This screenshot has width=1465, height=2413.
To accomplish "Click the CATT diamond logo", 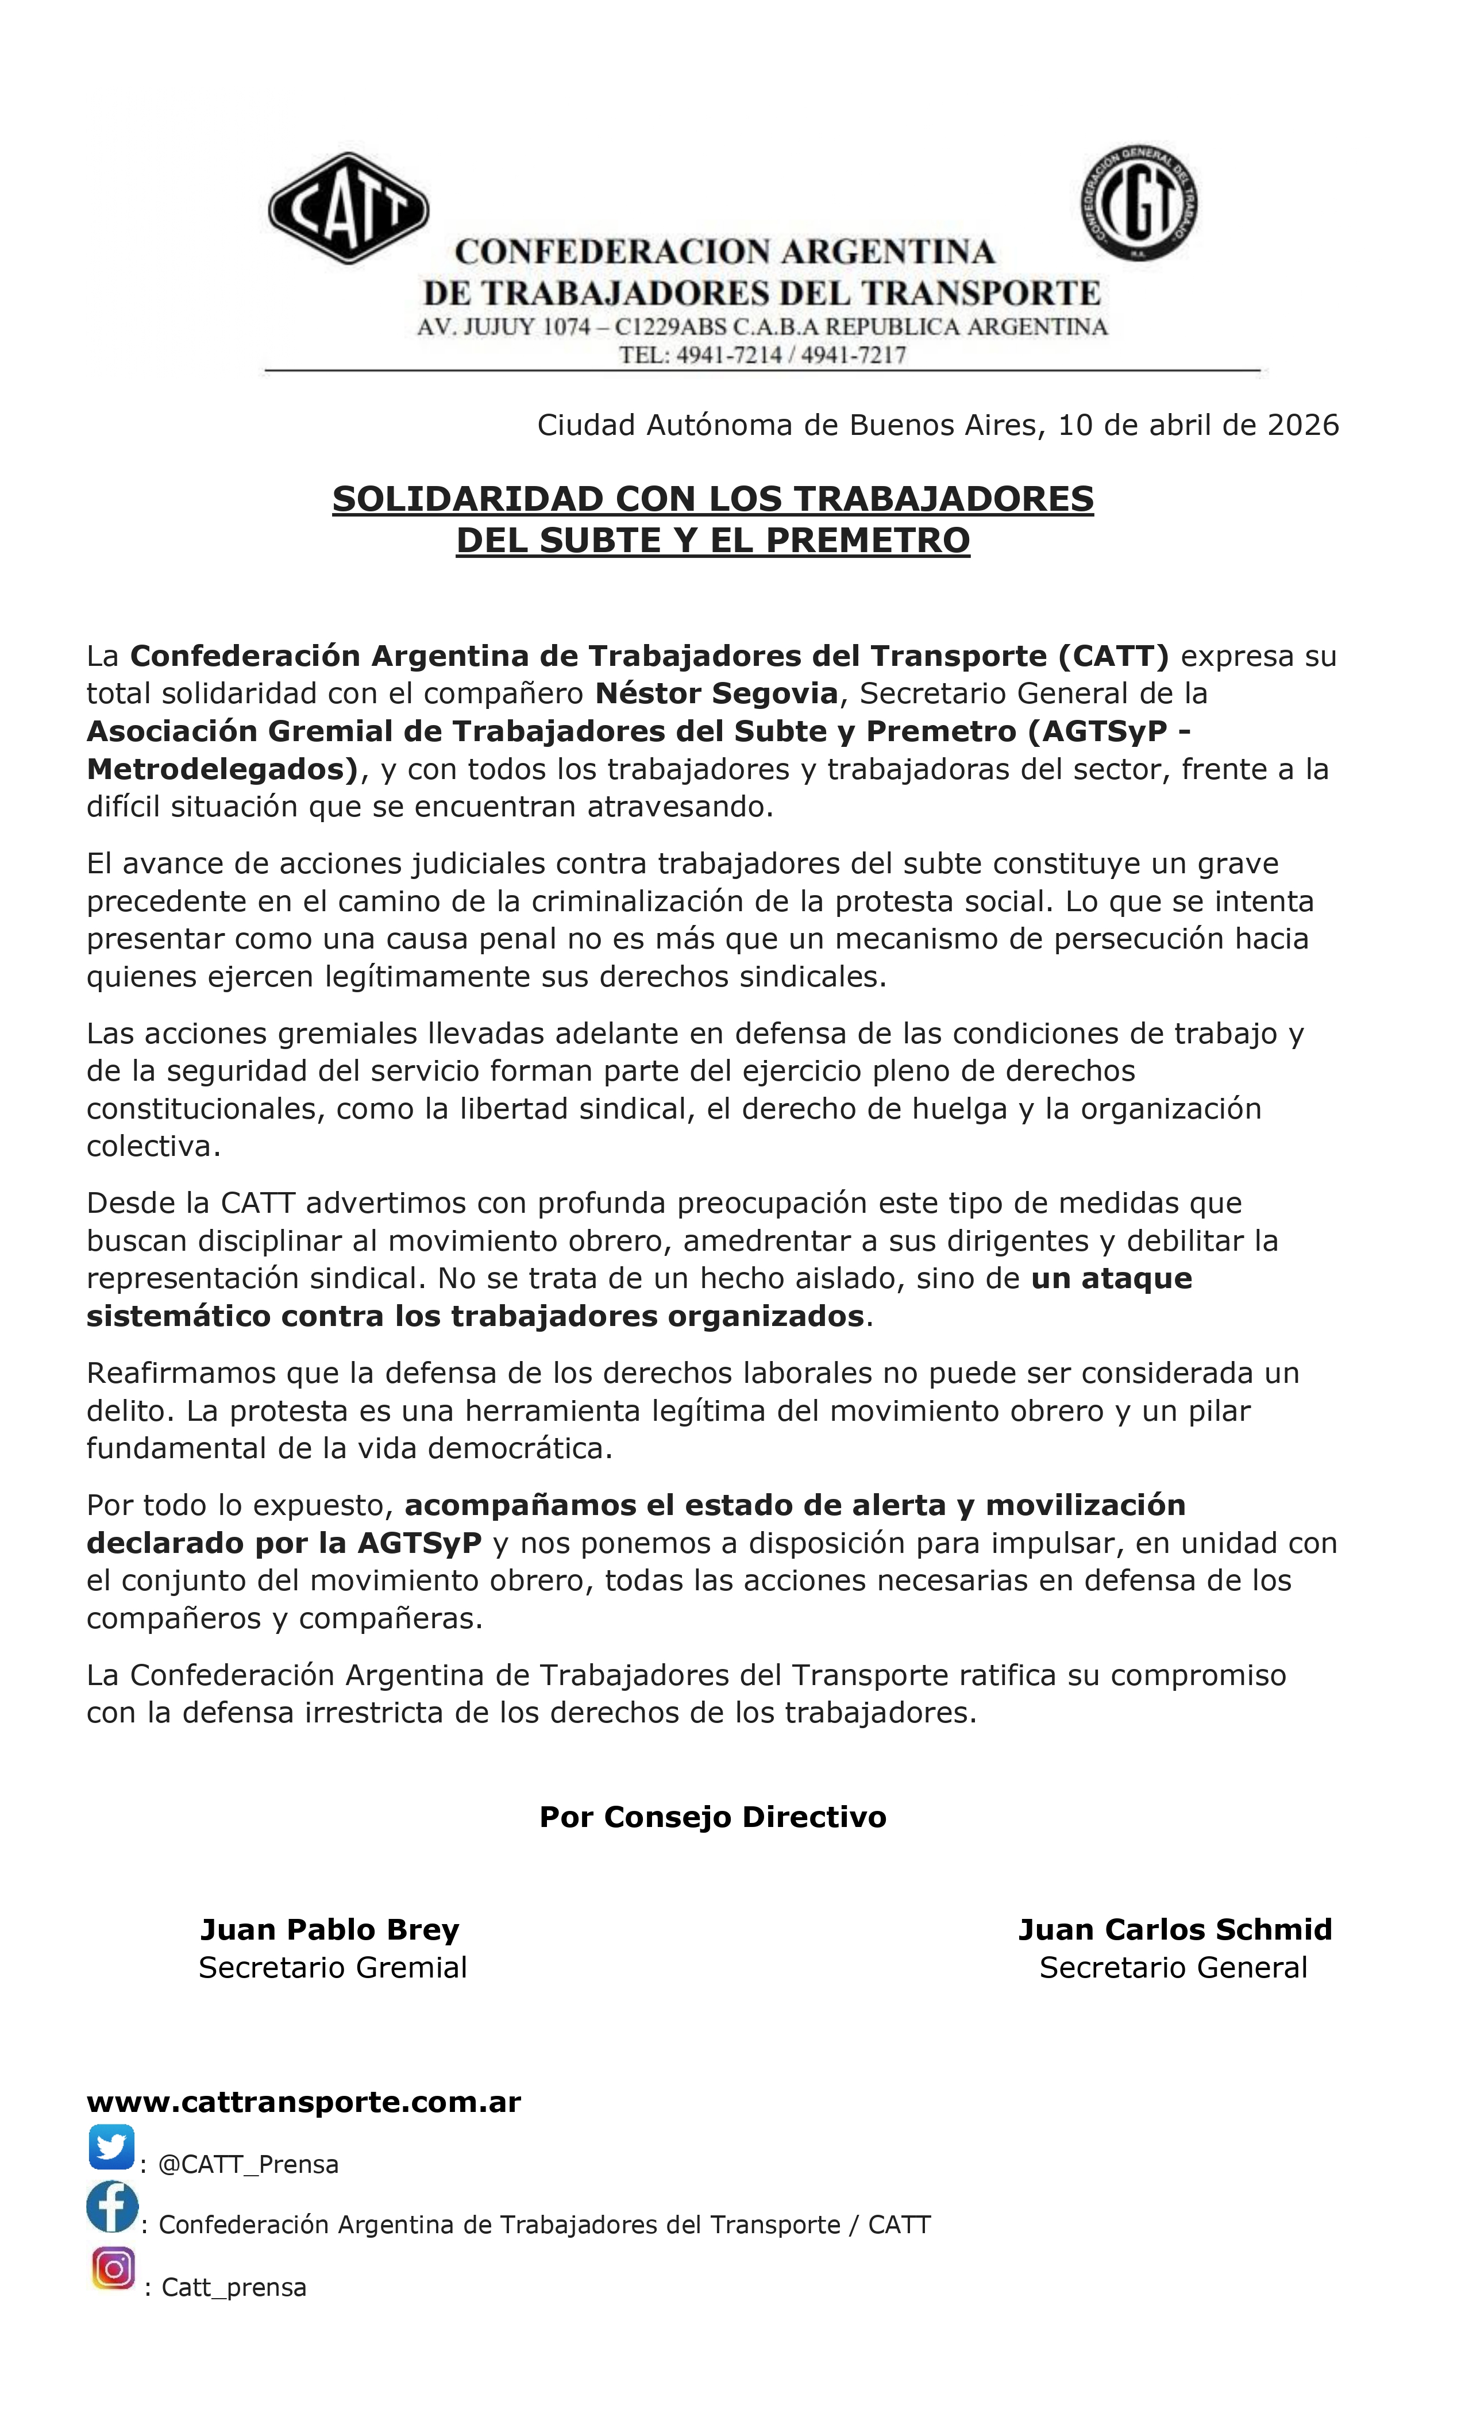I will pyautogui.click(x=349, y=207).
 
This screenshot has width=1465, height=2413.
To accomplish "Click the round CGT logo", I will pyautogui.click(x=1139, y=203).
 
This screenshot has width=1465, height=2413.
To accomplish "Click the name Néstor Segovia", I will pyautogui.click(x=716, y=693).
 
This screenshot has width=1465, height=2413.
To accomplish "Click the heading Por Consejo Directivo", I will pyautogui.click(x=713, y=1817).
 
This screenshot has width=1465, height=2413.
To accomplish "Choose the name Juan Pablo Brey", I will pyautogui.click(x=329, y=1929).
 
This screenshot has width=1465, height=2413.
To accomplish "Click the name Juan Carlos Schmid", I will pyautogui.click(x=1174, y=1929).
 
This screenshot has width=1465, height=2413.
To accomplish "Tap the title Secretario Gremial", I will pyautogui.click(x=333, y=1967).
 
